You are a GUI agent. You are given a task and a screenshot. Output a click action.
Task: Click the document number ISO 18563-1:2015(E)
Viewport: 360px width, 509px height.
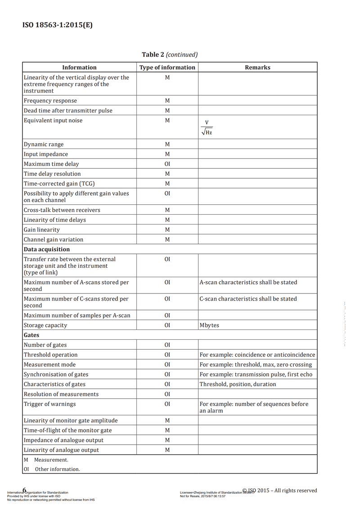point(57,25)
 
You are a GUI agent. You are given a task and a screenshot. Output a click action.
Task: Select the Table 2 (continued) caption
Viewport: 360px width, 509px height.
point(170,54)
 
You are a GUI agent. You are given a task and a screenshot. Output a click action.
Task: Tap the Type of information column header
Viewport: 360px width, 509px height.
point(167,68)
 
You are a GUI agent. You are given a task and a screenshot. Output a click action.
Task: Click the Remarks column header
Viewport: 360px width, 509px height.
point(257,68)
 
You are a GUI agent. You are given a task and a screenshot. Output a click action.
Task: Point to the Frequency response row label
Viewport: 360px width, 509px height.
point(50,101)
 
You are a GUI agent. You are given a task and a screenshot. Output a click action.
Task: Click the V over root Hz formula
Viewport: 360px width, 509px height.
point(207,128)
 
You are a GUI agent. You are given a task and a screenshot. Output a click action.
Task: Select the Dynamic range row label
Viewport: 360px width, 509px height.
point(44,144)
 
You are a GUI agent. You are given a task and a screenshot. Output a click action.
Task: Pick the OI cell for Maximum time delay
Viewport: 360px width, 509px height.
point(167,164)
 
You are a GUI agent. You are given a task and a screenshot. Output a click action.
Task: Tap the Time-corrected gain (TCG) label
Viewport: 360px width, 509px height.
point(59,184)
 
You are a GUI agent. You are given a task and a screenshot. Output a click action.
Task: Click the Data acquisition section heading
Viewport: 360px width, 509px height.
point(47,249)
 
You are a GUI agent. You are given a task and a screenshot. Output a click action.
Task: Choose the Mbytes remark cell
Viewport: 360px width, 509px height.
point(209,325)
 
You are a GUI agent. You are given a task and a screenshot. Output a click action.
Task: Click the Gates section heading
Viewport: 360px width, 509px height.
point(31,335)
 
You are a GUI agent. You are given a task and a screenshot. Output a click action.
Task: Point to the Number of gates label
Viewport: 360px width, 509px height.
point(45,345)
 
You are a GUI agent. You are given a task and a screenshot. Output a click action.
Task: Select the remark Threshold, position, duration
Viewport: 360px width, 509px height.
point(238,384)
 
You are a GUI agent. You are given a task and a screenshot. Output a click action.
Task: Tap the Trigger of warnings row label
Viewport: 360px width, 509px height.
point(49,404)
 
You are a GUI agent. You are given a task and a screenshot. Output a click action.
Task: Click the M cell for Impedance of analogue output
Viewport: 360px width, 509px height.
point(167,440)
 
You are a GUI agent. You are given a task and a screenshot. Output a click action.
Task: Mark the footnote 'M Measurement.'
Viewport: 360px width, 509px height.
point(46,460)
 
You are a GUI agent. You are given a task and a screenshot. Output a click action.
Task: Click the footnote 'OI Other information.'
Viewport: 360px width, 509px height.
point(52,469)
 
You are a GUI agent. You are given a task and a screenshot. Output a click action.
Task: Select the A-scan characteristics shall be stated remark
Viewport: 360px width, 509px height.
point(248,283)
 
